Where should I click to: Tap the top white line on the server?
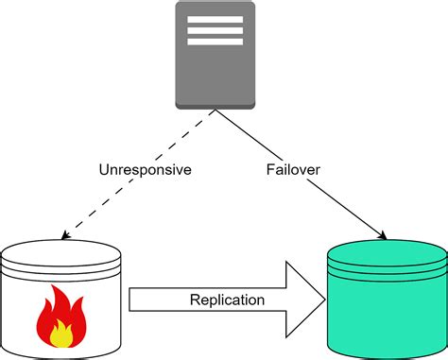click(215, 18)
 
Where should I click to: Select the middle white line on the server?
click(215, 29)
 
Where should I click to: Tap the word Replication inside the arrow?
click(228, 300)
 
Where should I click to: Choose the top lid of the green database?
click(386, 252)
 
